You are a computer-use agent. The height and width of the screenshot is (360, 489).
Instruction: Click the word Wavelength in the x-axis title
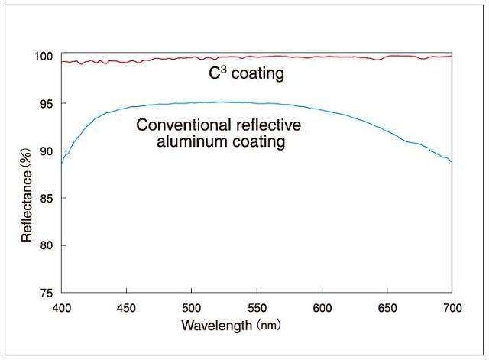click(x=216, y=326)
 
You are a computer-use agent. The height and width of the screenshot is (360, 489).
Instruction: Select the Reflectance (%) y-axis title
click(x=27, y=196)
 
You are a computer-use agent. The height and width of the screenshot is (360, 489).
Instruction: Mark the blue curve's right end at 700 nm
click(x=452, y=161)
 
